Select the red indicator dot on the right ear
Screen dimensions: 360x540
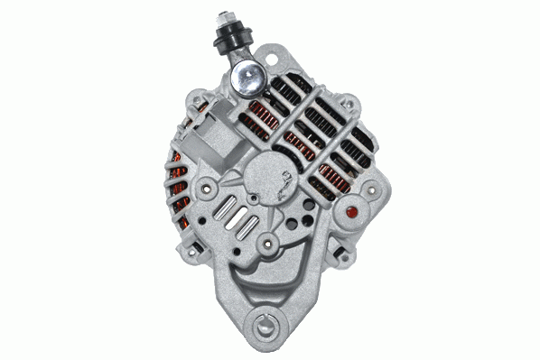[x=352, y=214]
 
